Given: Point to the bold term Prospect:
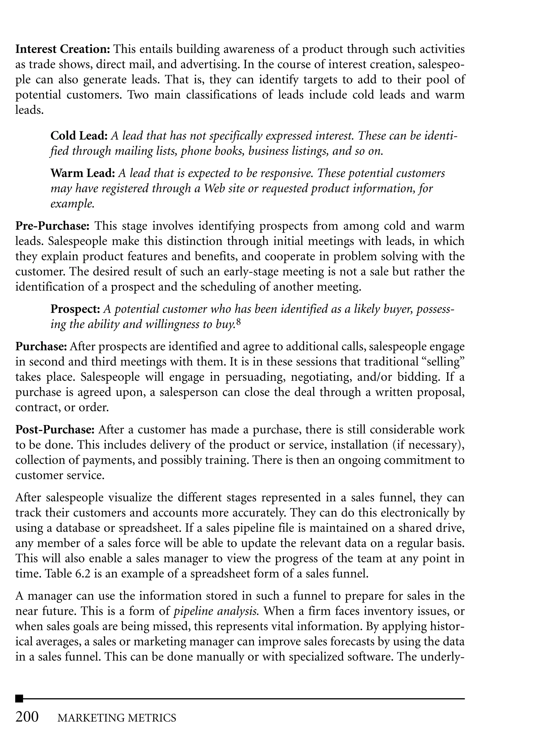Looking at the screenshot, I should [x=75, y=309].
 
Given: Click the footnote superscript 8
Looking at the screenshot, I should [x=239, y=322].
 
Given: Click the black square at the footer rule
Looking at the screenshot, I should [x=19, y=698].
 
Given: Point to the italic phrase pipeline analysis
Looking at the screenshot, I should [x=216, y=611].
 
